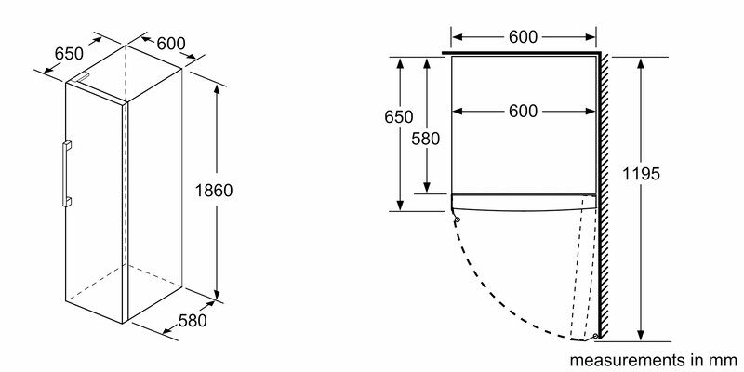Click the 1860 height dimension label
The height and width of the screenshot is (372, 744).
click(x=214, y=191)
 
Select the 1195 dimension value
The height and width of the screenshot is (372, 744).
click(x=641, y=174)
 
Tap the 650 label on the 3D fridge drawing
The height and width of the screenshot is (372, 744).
click(x=69, y=54)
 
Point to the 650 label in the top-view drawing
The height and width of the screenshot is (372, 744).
click(x=399, y=117)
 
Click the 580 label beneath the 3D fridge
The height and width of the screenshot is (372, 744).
click(x=193, y=321)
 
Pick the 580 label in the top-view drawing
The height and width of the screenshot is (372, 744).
click(x=426, y=139)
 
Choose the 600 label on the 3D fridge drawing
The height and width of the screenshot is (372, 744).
click(x=171, y=44)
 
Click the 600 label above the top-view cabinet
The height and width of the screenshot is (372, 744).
click(x=523, y=36)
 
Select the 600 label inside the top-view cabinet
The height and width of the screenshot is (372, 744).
click(x=523, y=111)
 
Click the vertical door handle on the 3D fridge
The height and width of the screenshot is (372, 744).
click(x=66, y=173)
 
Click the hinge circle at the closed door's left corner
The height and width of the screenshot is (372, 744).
click(x=457, y=219)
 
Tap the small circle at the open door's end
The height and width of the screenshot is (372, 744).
click(x=595, y=336)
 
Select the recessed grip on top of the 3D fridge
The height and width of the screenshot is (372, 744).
click(x=84, y=78)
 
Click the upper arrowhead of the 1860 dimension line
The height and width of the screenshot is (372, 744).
click(x=217, y=90)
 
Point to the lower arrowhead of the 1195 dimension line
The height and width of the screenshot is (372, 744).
click(x=641, y=335)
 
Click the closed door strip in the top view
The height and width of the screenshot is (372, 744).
click(x=524, y=202)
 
